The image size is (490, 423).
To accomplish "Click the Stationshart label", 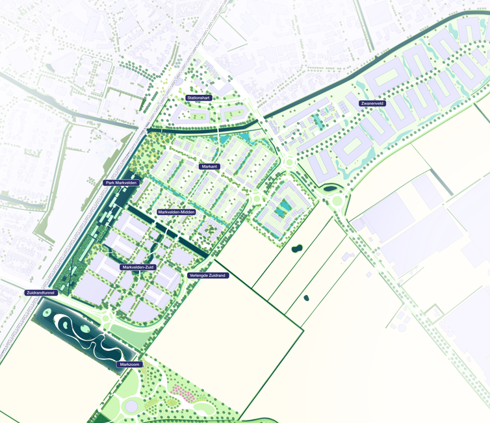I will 199,98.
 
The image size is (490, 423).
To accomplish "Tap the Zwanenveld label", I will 372,103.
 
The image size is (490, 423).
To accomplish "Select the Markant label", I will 209,167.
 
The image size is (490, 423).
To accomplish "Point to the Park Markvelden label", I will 122,183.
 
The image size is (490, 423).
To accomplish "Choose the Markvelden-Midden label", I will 176,212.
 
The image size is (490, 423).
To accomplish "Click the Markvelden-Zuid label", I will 138,267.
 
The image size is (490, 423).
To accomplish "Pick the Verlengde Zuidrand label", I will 207,276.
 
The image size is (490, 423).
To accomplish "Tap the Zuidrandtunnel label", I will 41,293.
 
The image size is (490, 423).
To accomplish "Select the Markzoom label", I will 129,365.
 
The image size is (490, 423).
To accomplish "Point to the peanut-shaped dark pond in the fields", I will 296,248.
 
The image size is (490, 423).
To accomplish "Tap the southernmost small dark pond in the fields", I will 306,298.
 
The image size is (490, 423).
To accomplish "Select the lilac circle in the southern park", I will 132,406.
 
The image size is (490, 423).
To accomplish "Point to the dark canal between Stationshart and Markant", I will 201,129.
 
